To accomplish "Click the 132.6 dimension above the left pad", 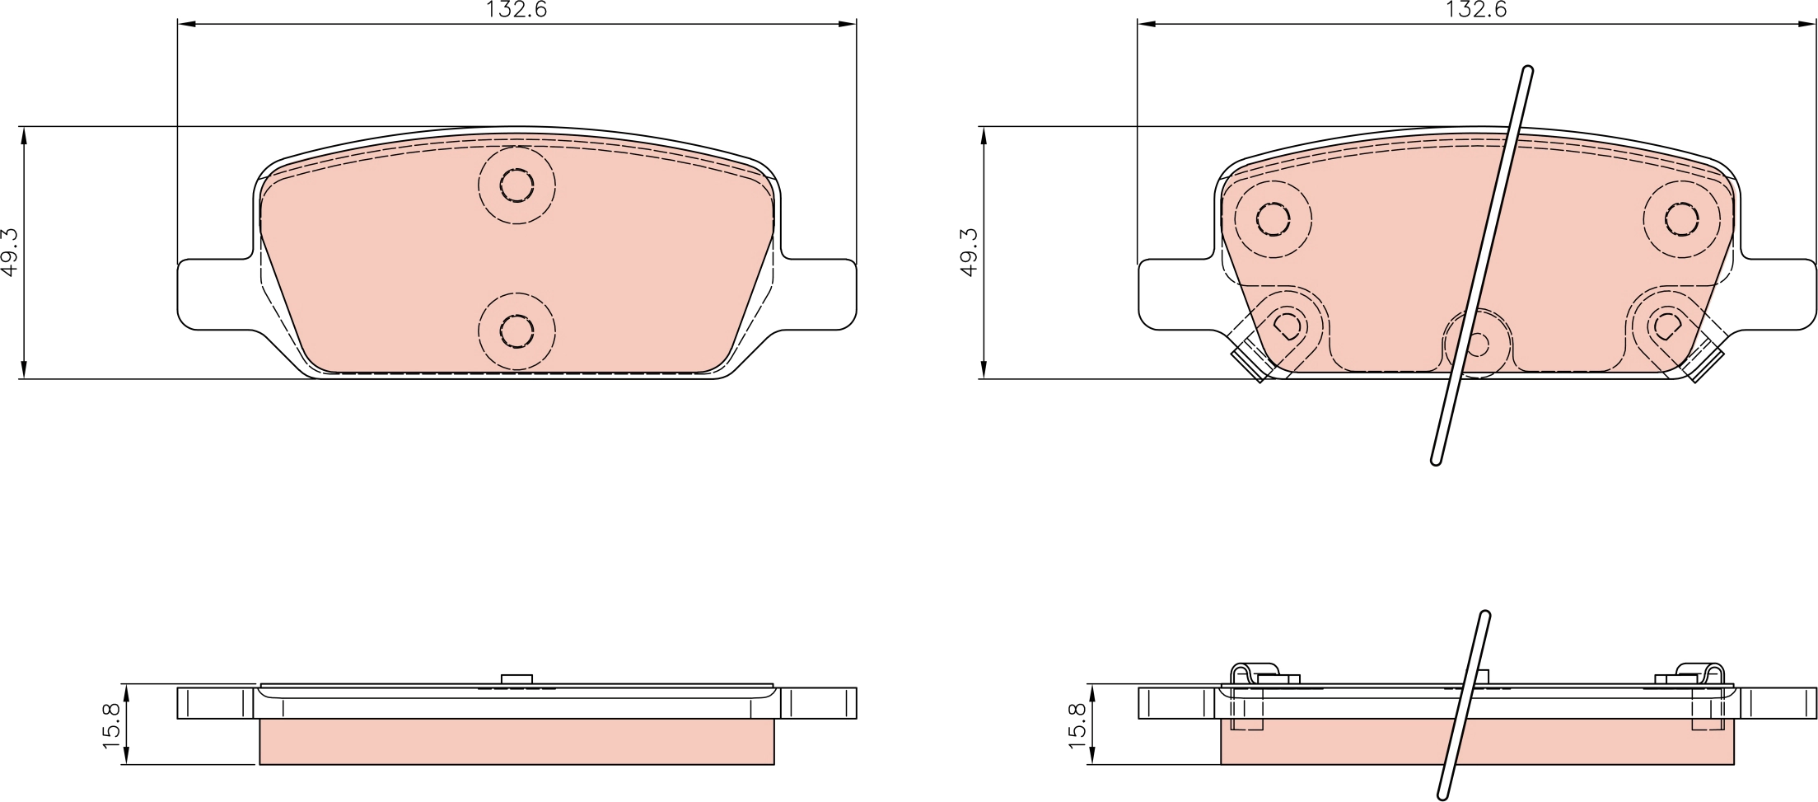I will pyautogui.click(x=516, y=10).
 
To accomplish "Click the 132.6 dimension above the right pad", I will pyautogui.click(x=1476, y=10).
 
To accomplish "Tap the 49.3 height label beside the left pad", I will pyautogui.click(x=10, y=252).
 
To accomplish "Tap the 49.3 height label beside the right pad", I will pyautogui.click(x=970, y=252).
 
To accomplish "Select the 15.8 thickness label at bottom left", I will pyautogui.click(x=112, y=725).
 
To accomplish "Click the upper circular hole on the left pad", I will pyautogui.click(x=516, y=185).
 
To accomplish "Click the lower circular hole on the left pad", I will pyautogui.click(x=516, y=331).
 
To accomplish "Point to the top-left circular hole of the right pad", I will pyautogui.click(x=1273, y=219).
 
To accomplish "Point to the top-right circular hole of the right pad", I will pyautogui.click(x=1680, y=219).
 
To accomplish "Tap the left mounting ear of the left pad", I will pyautogui.click(x=213, y=294).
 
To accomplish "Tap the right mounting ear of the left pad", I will pyautogui.click(x=820, y=294).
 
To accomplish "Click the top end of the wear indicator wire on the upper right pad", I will pyautogui.click(x=1528, y=73).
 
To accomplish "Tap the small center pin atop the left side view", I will pyautogui.click(x=516, y=679).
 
